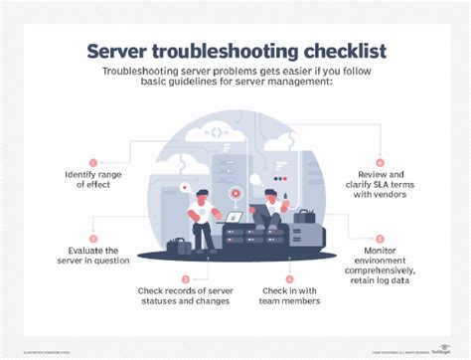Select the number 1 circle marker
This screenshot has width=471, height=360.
(93, 162)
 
